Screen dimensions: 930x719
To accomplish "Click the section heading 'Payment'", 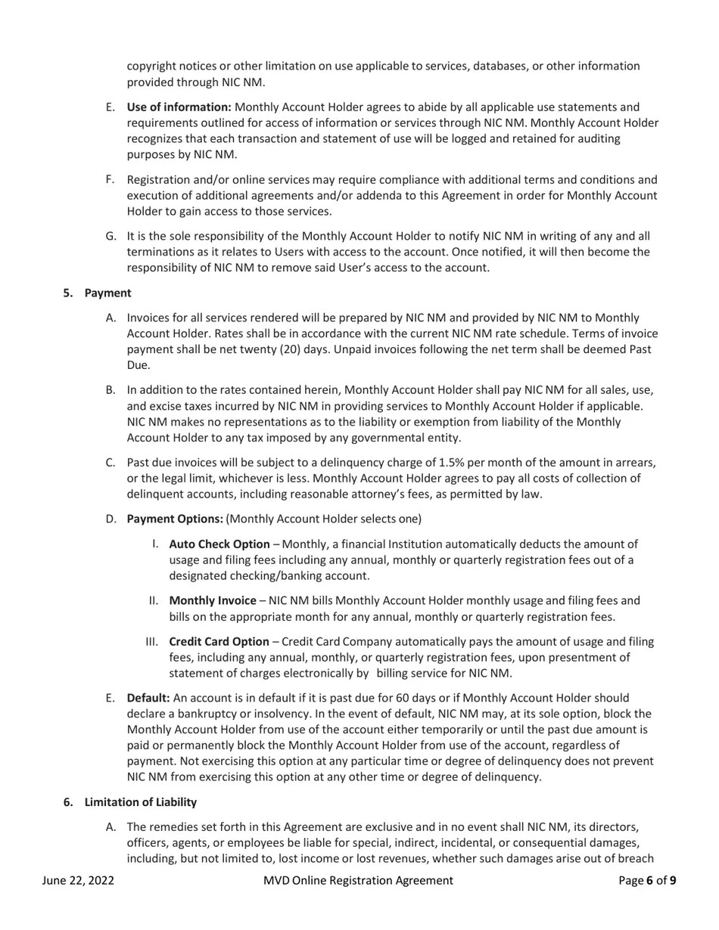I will point(107,293).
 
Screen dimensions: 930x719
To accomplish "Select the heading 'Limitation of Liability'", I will point(140,802).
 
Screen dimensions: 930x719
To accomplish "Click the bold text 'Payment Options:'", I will point(175,519).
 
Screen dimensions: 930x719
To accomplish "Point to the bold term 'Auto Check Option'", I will point(219,544).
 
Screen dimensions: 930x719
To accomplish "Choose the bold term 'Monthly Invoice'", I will point(212,600).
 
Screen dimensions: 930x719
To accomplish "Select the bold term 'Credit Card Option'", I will point(219,642).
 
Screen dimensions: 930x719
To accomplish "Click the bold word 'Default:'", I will point(148,698).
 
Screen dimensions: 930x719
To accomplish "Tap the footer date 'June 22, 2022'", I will point(78,880).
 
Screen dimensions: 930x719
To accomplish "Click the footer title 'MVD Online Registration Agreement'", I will point(358,880).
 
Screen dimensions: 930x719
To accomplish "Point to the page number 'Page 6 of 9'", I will point(647,880).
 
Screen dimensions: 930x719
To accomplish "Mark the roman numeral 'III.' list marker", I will point(151,642).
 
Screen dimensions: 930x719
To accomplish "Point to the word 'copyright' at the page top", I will point(152,67).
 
